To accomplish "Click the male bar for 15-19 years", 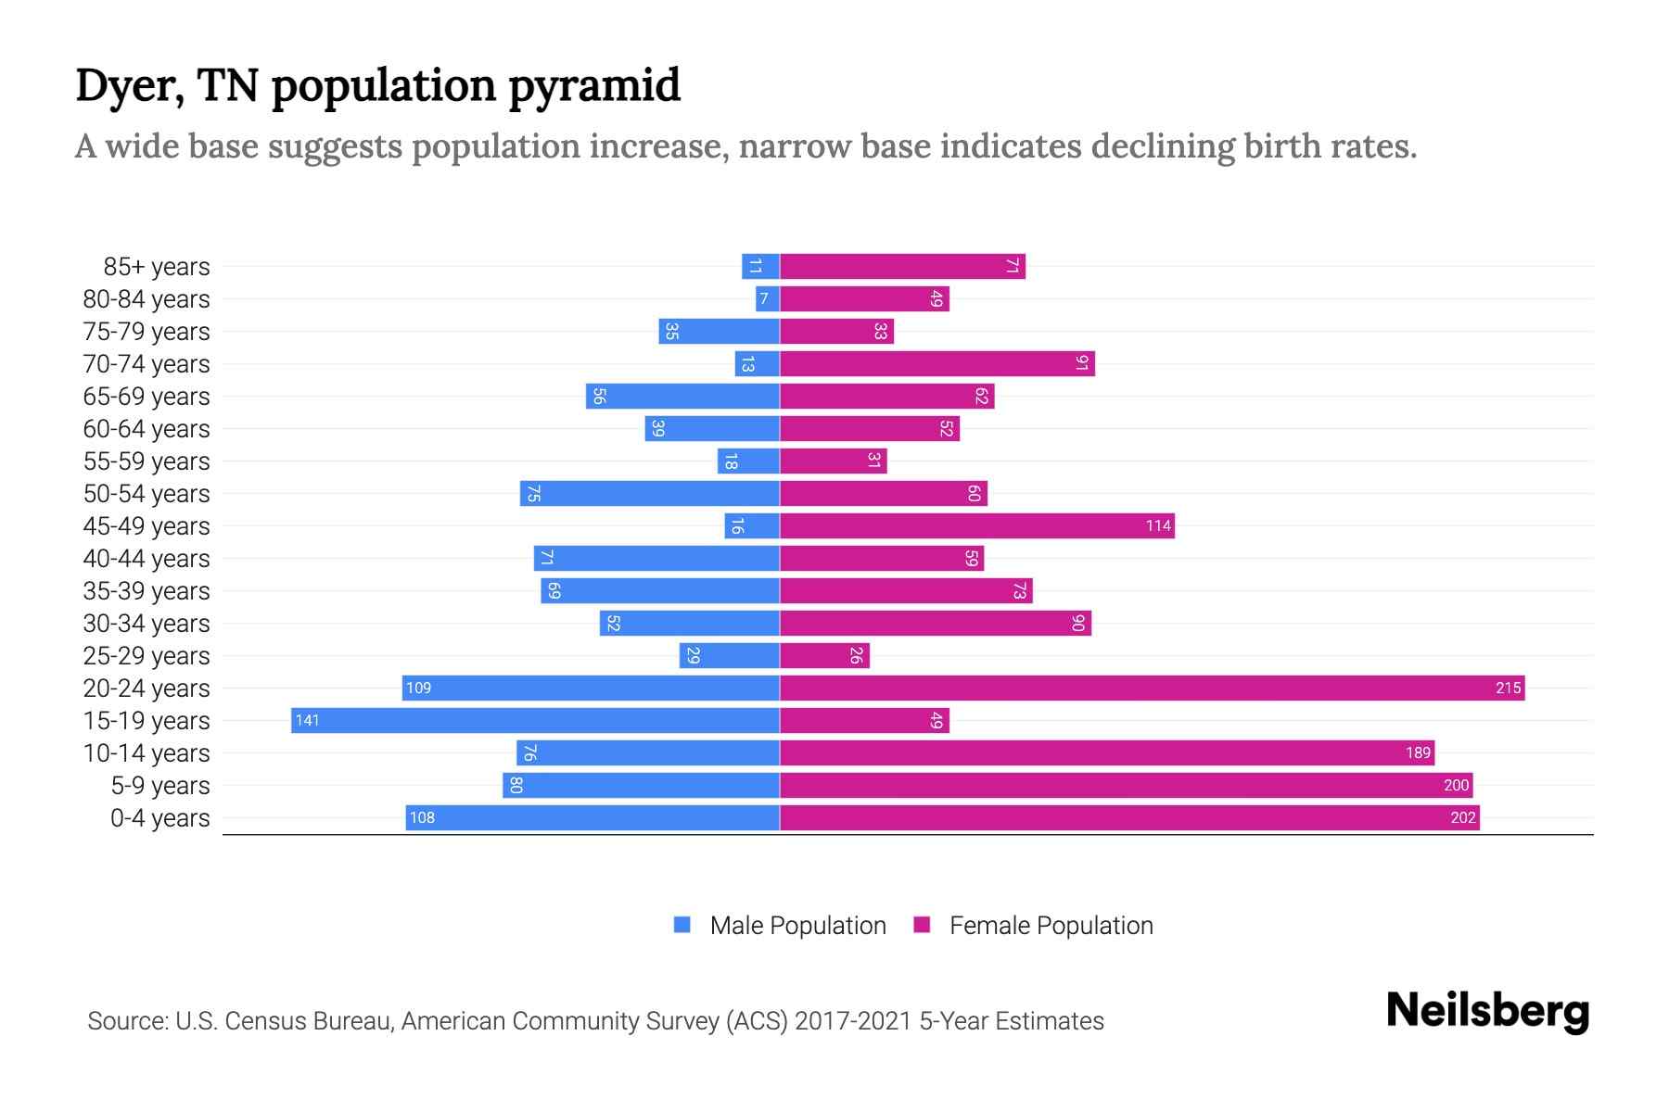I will [x=535, y=720].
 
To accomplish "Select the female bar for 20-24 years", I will [x=1152, y=688].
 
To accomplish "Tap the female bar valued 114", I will [x=976, y=525].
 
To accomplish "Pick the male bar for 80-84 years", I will [x=767, y=298].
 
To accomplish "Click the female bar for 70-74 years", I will [x=936, y=363].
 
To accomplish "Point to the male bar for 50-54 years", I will [x=649, y=493].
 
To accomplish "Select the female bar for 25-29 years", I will [x=824, y=655].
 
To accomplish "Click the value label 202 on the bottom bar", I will [x=1462, y=817].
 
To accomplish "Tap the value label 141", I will [x=307, y=720].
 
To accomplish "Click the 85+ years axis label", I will [x=156, y=267].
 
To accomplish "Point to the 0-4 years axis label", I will [x=159, y=818].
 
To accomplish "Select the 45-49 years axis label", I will [x=147, y=526].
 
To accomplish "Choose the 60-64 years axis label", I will [x=147, y=429].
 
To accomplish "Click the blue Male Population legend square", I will [x=682, y=925].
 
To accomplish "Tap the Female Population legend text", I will [x=1051, y=925].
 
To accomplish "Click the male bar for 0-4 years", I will [x=592, y=817].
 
